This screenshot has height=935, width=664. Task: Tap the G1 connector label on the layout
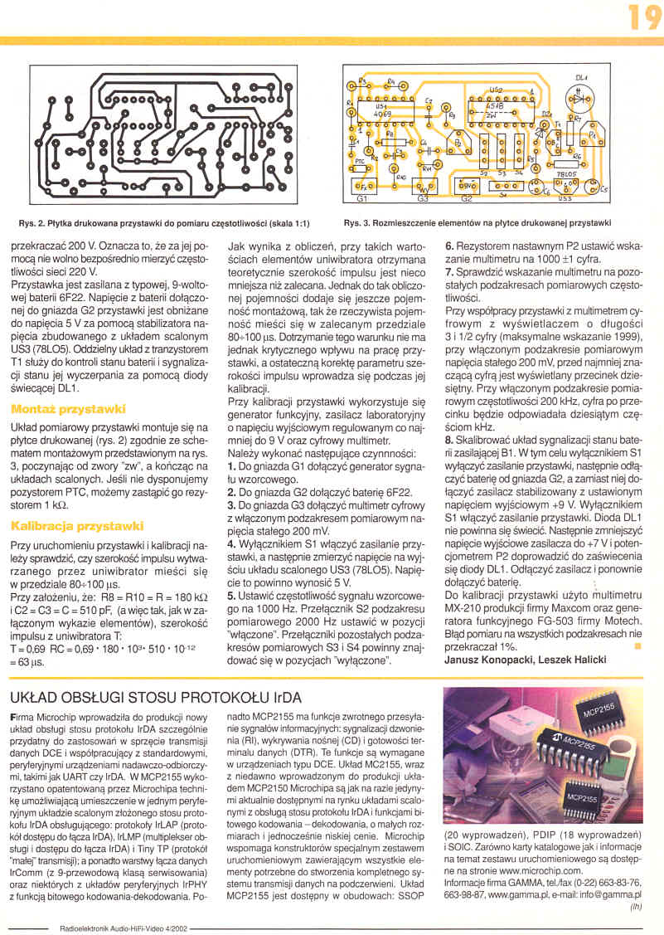click(x=361, y=200)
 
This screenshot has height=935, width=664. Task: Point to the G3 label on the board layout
click(x=423, y=200)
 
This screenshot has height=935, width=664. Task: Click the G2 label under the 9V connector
click(x=466, y=200)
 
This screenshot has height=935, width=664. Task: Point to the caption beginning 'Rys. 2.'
click(x=164, y=223)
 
